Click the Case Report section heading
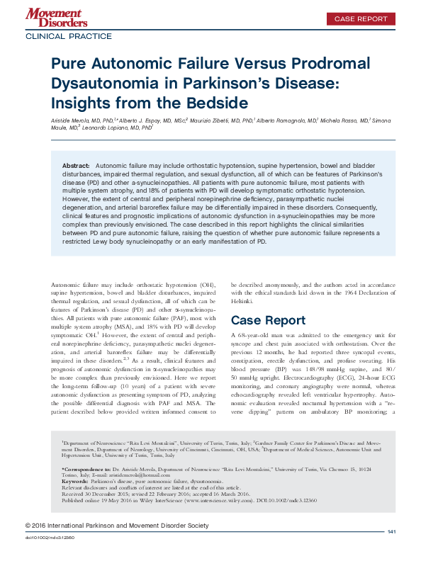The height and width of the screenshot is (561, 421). (x=269, y=320)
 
